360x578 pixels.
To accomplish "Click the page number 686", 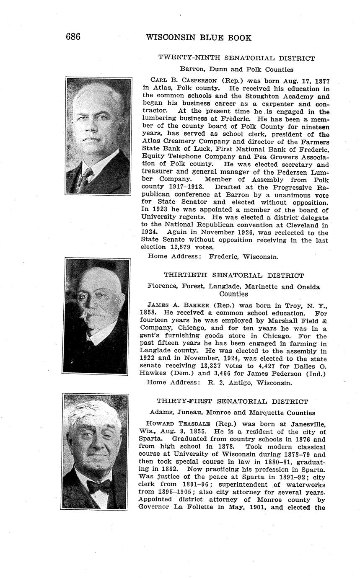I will [x=73, y=37].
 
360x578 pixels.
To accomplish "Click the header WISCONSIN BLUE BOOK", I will [x=198, y=38].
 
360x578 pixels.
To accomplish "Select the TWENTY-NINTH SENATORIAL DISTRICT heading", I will [x=236, y=58].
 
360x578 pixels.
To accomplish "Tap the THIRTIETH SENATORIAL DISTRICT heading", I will [x=233, y=276].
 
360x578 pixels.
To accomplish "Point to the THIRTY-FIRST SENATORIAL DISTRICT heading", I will [x=233, y=402].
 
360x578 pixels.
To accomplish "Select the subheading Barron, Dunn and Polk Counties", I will [x=236, y=70].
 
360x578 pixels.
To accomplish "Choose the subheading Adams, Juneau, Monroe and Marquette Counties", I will [x=232, y=413].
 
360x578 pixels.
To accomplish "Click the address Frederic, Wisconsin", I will [x=243, y=256].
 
